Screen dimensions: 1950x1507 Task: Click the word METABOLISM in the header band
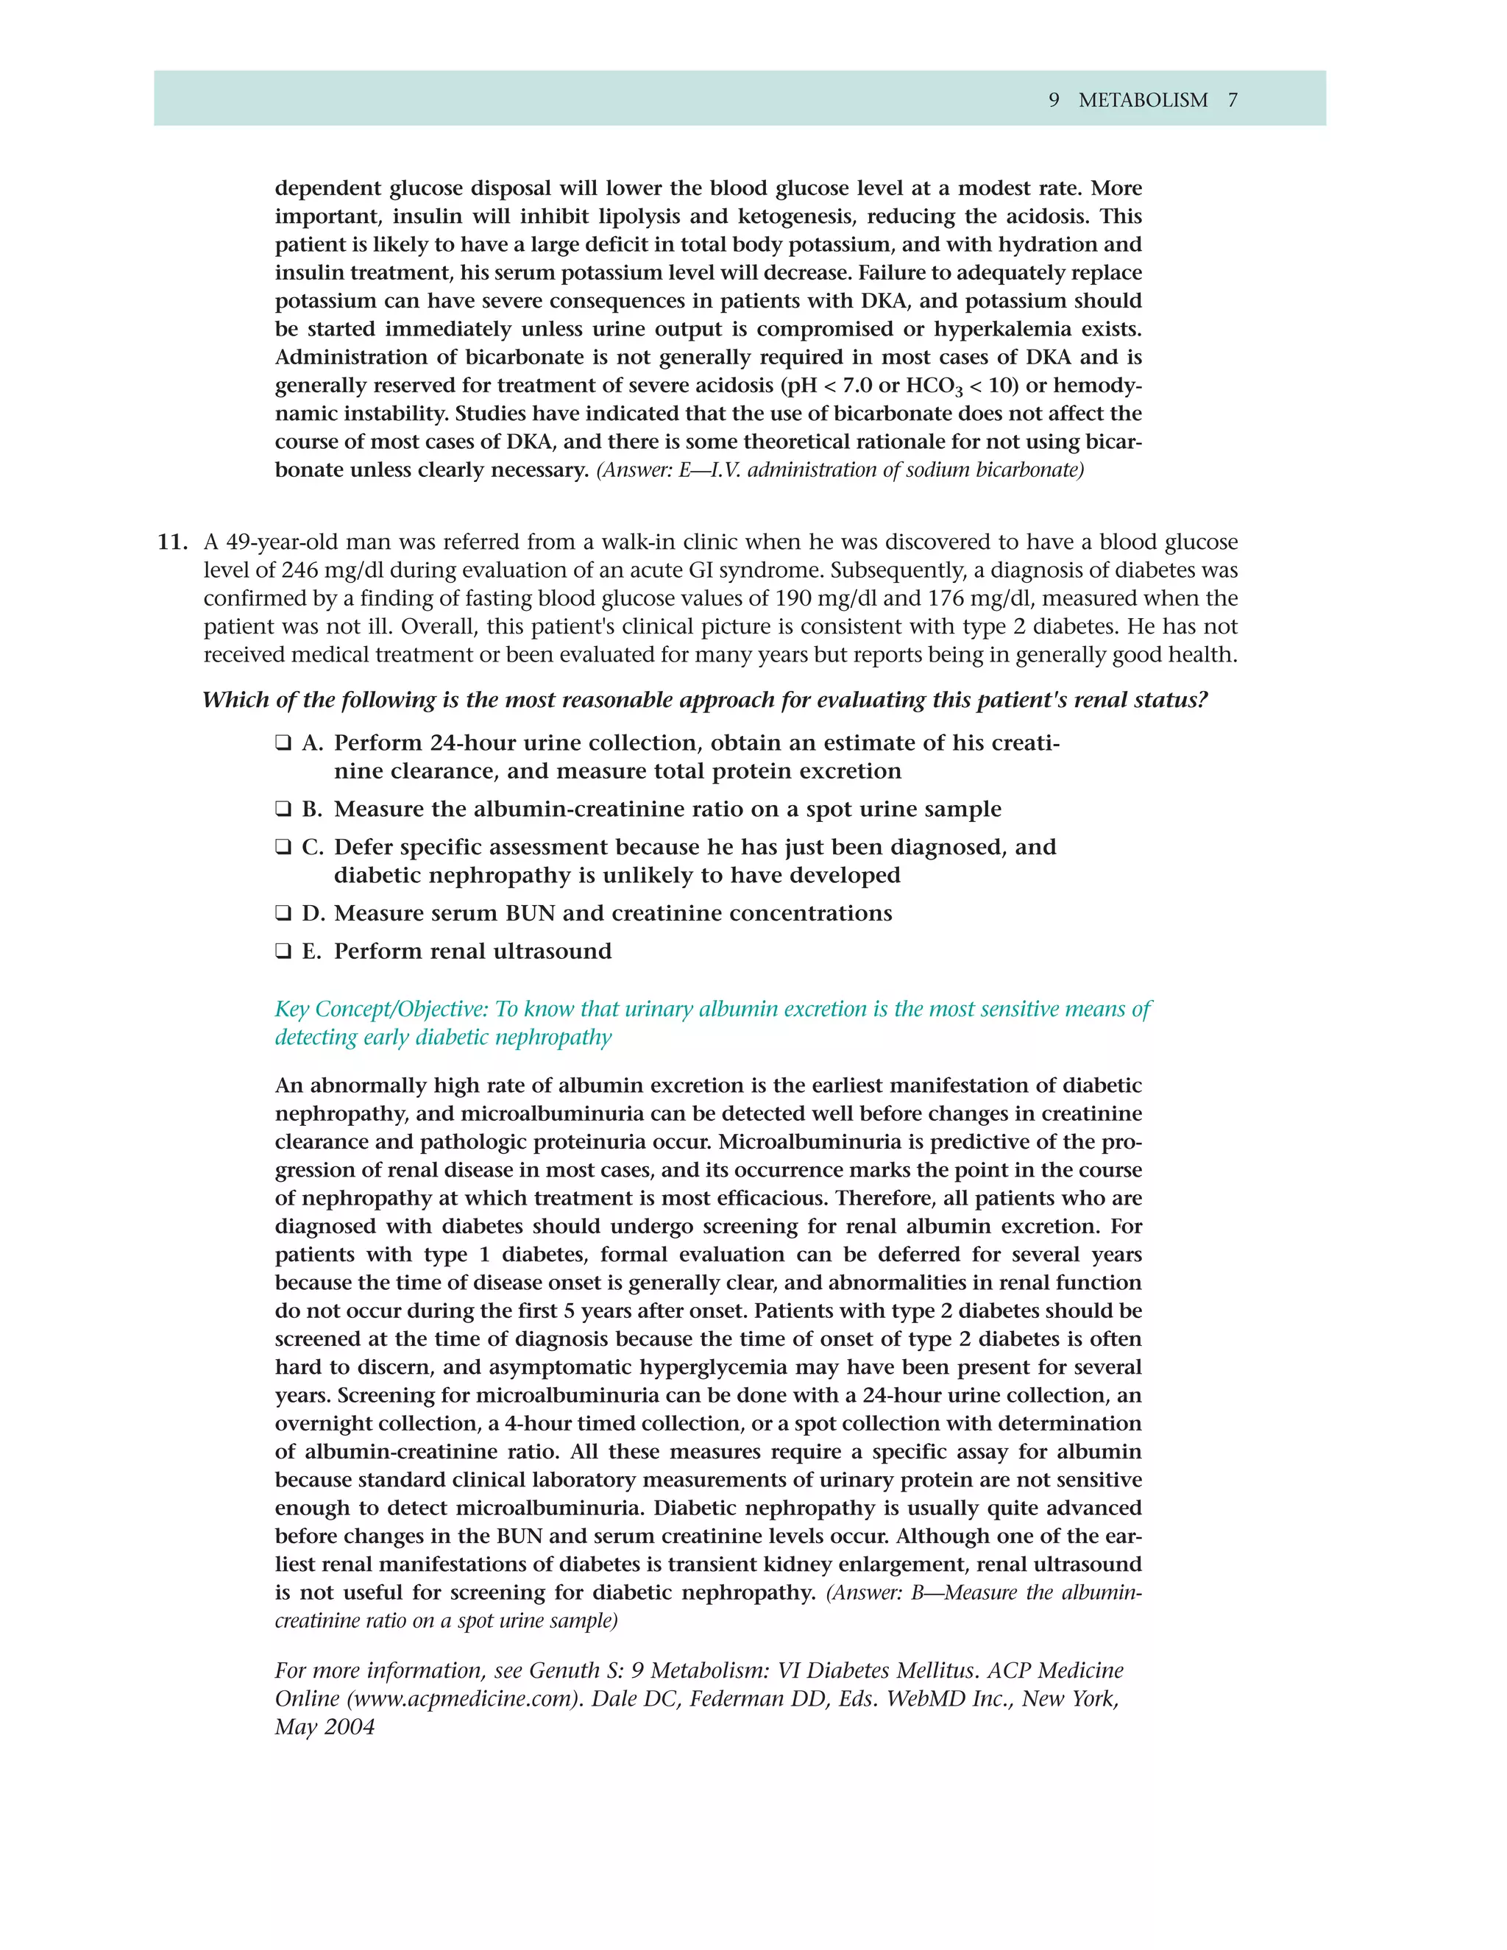(1143, 100)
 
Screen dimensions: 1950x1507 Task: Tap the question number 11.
(172, 542)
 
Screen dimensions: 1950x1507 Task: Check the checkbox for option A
(283, 743)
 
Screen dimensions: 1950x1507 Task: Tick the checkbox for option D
(283, 913)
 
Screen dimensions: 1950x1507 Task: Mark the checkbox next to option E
(283, 951)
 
